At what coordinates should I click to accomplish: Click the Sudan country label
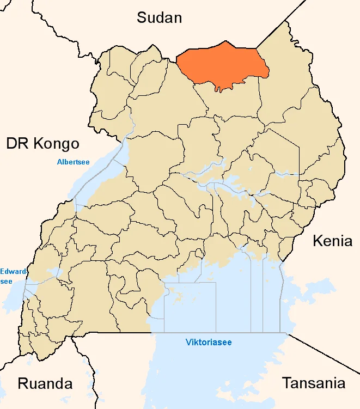pos(159,17)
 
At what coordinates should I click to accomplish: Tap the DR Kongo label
pos(43,144)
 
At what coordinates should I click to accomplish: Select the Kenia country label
pos(332,241)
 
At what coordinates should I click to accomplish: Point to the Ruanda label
pos(45,383)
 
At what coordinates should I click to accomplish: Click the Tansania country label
pos(313,383)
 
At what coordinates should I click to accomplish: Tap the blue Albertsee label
pos(74,162)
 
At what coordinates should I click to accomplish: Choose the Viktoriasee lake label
pos(209,343)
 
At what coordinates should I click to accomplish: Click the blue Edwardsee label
pos(11,276)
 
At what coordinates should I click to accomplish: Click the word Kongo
pos(57,144)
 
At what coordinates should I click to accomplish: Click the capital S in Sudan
pos(142,17)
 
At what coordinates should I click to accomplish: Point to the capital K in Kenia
pos(317,241)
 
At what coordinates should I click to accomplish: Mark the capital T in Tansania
pos(286,383)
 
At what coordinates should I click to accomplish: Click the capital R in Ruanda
pos(23,383)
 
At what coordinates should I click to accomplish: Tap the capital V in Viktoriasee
pos(188,343)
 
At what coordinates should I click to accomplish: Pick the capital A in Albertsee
pos(59,162)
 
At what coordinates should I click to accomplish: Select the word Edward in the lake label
pos(11,271)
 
